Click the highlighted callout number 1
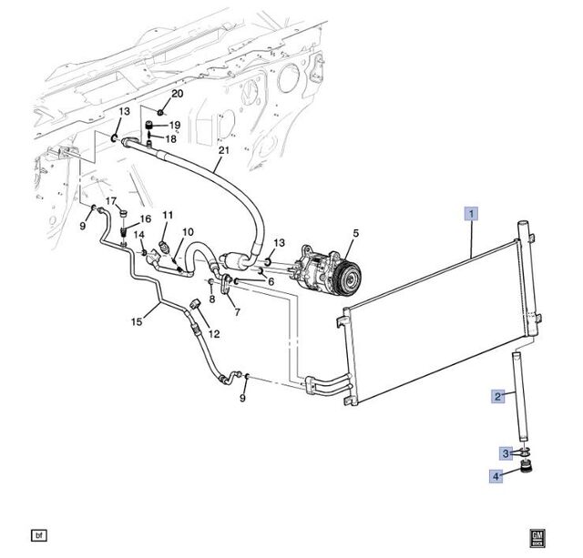(471, 215)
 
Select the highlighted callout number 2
(498, 396)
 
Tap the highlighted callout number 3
(504, 452)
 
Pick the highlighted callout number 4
(498, 474)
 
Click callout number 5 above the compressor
(355, 233)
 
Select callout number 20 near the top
(177, 94)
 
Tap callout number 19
(175, 125)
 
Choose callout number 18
(169, 139)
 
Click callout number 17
(111, 201)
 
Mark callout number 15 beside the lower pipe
(138, 321)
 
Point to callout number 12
(215, 334)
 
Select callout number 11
(168, 215)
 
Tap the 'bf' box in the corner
(38, 534)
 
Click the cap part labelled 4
(525, 471)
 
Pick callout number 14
(139, 235)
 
